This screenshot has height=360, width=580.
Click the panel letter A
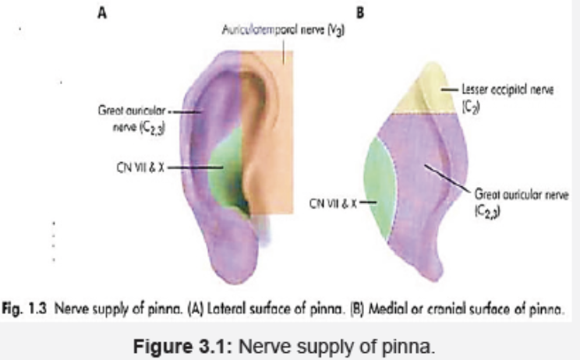[x=101, y=14]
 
